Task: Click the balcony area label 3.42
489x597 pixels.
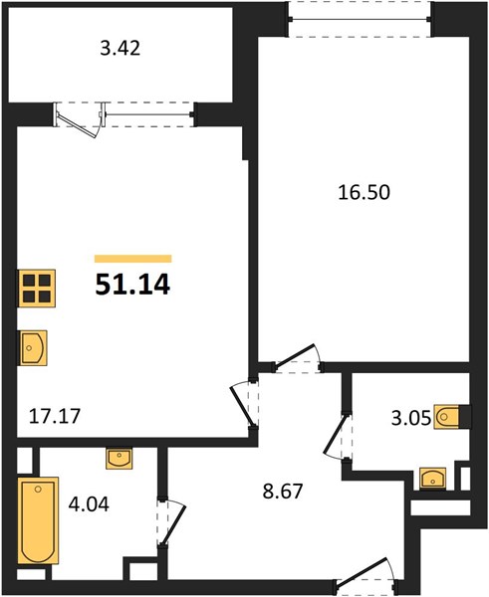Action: pyautogui.click(x=121, y=49)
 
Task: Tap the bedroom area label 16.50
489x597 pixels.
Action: pyautogui.click(x=364, y=192)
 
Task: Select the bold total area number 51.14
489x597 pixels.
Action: pyautogui.click(x=132, y=285)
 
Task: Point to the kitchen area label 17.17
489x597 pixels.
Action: pyautogui.click(x=55, y=416)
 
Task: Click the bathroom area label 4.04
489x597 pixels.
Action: pyautogui.click(x=89, y=504)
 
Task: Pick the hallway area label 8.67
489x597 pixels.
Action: pyautogui.click(x=283, y=492)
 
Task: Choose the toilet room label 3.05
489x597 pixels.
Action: pyautogui.click(x=411, y=418)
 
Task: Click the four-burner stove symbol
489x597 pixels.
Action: pyautogui.click(x=36, y=289)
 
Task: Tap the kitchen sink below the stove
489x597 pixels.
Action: pyautogui.click(x=33, y=348)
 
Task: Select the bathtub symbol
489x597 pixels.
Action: pyautogui.click(x=39, y=520)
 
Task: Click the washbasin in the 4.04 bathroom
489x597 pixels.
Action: pyautogui.click(x=120, y=458)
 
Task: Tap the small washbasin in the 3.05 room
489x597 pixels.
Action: pyautogui.click(x=432, y=478)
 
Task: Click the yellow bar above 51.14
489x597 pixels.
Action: pyautogui.click(x=133, y=259)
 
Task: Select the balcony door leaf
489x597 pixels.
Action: pyautogui.click(x=77, y=124)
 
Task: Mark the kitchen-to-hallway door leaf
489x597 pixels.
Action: pyautogui.click(x=242, y=406)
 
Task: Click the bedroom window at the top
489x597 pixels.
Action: pyautogui.click(x=360, y=20)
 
